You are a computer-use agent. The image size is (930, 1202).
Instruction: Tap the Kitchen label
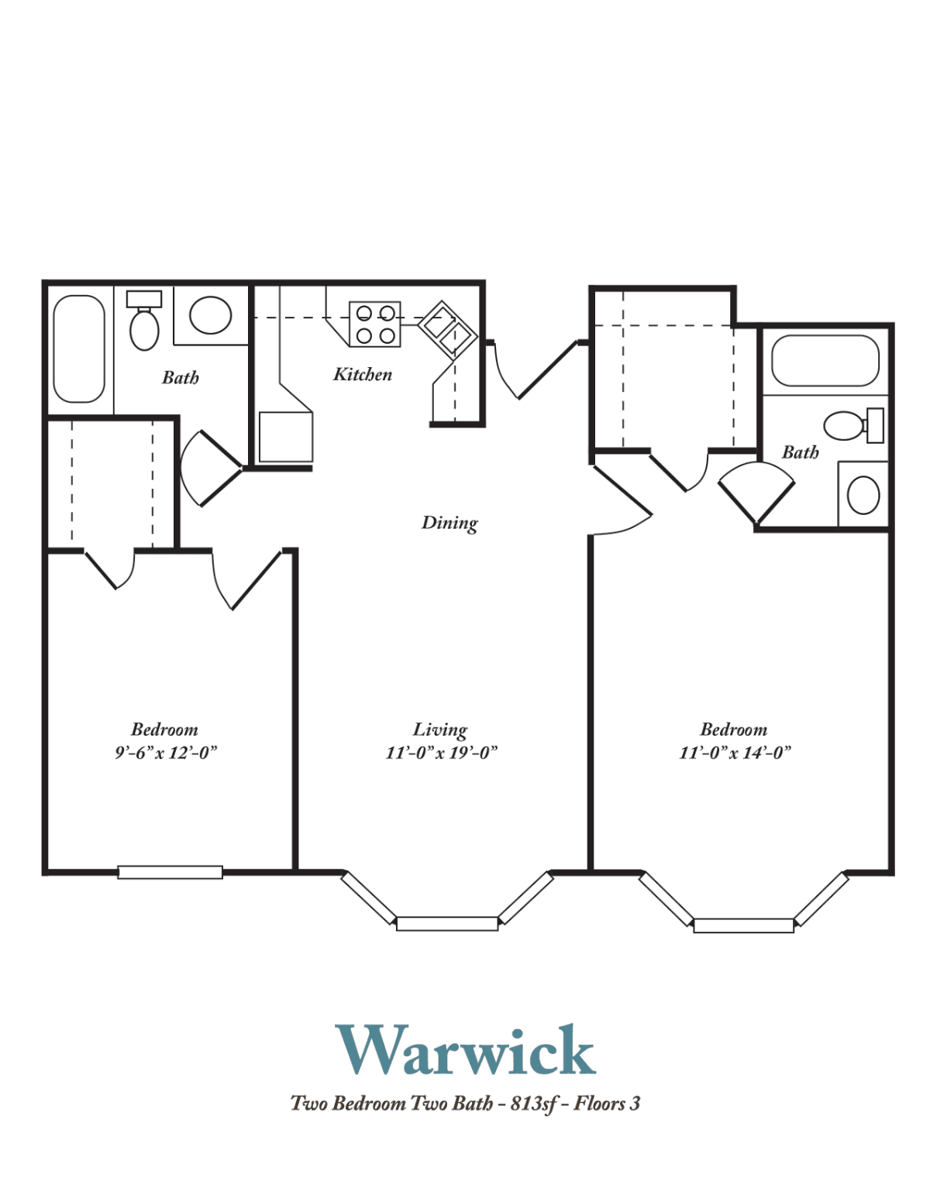pyautogui.click(x=363, y=375)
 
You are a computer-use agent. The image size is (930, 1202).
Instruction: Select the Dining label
pyautogui.click(x=449, y=523)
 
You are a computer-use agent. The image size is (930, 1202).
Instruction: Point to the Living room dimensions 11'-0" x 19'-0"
pyautogui.click(x=441, y=753)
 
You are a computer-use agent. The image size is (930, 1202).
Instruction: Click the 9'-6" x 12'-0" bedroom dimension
pyautogui.click(x=165, y=753)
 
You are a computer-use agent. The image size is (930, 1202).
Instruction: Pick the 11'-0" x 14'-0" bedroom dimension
pyautogui.click(x=735, y=753)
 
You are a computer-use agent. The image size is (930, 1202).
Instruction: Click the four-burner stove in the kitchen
pyautogui.click(x=374, y=325)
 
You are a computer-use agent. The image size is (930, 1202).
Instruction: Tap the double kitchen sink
pyautogui.click(x=448, y=330)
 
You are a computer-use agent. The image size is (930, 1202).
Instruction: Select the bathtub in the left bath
pyautogui.click(x=79, y=349)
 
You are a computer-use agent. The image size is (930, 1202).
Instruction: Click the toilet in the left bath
pyautogui.click(x=144, y=320)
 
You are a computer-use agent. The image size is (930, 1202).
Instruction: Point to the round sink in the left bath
pyautogui.click(x=210, y=314)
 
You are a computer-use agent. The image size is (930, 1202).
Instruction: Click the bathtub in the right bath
pyautogui.click(x=825, y=361)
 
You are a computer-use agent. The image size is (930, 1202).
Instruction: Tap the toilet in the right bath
pyautogui.click(x=853, y=425)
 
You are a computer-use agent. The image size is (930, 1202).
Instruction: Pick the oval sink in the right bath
pyautogui.click(x=863, y=495)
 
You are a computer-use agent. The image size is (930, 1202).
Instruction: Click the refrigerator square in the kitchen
pyautogui.click(x=286, y=437)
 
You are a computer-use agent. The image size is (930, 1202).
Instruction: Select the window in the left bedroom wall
pyautogui.click(x=170, y=872)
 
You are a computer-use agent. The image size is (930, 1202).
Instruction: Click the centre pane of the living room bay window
pyautogui.click(x=447, y=923)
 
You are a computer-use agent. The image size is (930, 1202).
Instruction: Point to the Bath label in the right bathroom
pyautogui.click(x=800, y=452)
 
